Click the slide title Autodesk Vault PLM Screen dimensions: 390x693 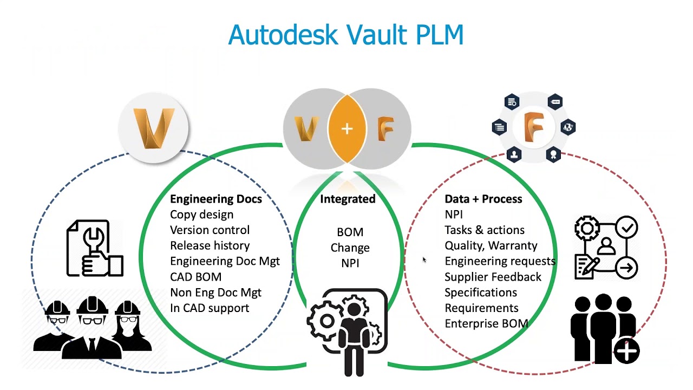346,35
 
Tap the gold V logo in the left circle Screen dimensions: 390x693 154,128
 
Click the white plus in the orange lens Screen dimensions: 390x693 347,129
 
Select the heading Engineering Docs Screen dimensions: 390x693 215,199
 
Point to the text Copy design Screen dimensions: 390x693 201,214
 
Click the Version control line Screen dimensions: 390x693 210,230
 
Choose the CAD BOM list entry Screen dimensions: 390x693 195,277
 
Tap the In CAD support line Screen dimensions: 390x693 210,308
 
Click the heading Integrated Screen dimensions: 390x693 348,199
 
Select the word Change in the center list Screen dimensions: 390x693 350,248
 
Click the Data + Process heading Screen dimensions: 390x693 483,199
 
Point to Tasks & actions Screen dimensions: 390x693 484,230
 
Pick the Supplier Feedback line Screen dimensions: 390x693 493,277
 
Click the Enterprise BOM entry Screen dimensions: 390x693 486,324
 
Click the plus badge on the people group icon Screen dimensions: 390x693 627,350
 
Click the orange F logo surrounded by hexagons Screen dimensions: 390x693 533,127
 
